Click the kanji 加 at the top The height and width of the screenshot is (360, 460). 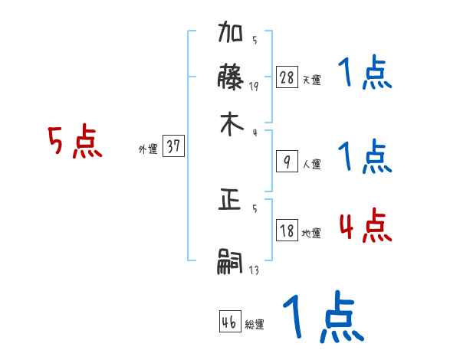tap(232, 35)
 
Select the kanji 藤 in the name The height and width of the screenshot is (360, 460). tap(232, 79)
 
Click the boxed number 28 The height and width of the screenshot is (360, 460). tap(287, 77)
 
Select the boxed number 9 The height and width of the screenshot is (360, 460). tap(287, 162)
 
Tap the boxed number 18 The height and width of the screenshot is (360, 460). tap(287, 231)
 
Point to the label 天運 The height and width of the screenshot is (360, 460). tap(311, 80)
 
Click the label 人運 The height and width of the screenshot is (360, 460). tap(311, 164)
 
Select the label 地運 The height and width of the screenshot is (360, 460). tap(311, 233)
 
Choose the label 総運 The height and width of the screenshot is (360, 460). tap(255, 325)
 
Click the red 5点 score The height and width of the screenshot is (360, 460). tap(75, 142)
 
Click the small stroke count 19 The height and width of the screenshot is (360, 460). tap(254, 87)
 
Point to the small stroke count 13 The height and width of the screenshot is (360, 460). tap(254, 270)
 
